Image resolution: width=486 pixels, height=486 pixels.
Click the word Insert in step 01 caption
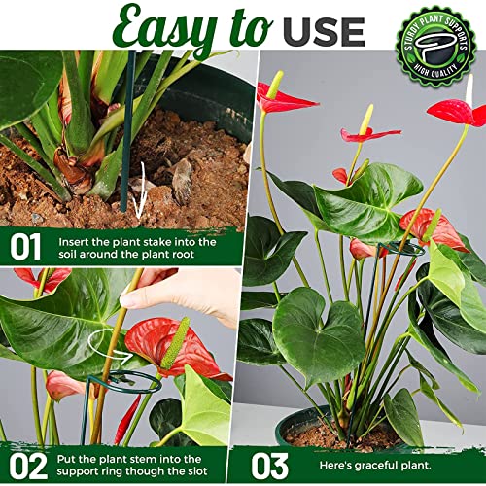click(x=76, y=239)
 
